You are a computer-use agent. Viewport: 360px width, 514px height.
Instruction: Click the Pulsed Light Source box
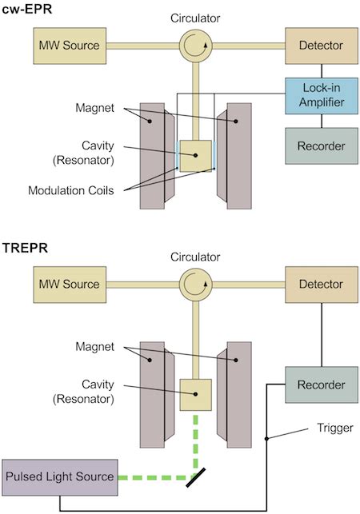pyautogui.click(x=60, y=477)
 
